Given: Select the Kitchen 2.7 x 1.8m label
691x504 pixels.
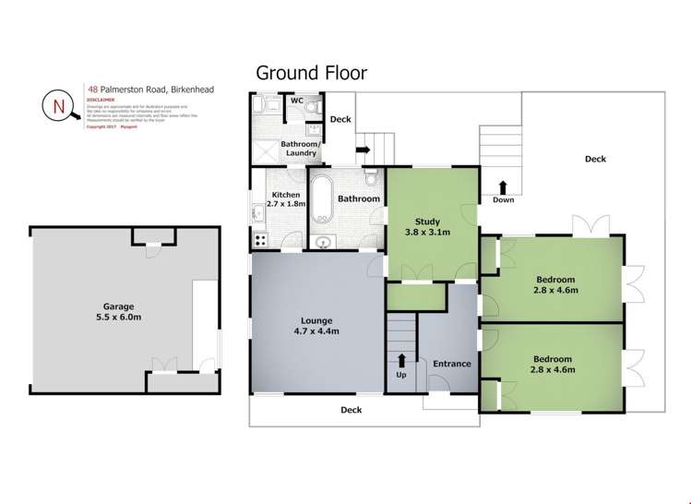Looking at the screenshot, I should (285, 199).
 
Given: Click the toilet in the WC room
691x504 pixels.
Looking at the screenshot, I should (312, 108).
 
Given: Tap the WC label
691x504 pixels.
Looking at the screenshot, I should (297, 100).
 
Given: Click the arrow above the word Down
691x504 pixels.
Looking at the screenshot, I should (503, 185).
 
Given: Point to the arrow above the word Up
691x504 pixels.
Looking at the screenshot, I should (401, 360).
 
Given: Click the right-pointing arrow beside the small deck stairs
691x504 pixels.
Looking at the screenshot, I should (363, 148).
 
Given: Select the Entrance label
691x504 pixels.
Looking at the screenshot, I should (451, 364).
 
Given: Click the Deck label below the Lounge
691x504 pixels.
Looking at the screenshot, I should (351, 410).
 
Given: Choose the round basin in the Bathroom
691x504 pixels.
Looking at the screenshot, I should (322, 243).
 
